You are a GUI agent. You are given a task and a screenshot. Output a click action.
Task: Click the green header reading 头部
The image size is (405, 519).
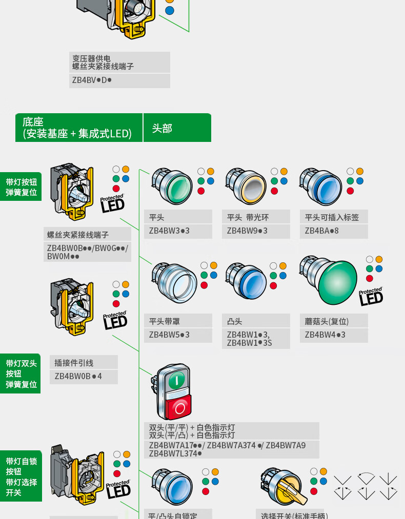point(177,128)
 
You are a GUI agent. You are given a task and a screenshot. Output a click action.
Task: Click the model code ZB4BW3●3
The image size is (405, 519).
point(169,231)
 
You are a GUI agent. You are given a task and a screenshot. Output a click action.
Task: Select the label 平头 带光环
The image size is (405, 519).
point(248,217)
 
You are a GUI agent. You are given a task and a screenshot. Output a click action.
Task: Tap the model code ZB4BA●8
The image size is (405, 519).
point(321,231)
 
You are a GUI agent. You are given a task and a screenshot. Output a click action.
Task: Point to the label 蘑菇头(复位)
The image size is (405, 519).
point(327,321)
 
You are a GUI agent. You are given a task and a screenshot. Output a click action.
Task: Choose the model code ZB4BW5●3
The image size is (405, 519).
point(169,335)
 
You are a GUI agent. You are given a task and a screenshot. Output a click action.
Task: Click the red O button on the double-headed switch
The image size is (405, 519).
point(179,407)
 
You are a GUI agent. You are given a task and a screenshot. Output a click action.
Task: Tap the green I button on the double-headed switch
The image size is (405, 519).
point(176,380)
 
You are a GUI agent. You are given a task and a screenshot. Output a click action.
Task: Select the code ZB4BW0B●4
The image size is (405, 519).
point(78,377)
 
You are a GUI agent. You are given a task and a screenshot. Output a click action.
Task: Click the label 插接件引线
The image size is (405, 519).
point(74,363)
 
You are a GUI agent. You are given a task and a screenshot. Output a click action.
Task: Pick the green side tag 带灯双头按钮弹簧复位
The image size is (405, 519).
point(21,374)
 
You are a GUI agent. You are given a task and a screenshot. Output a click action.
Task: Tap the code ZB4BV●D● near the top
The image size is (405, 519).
point(92,80)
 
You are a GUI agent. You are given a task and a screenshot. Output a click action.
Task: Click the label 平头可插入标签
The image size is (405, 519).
point(332,217)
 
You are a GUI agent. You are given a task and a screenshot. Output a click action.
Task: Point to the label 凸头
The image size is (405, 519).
point(235,321)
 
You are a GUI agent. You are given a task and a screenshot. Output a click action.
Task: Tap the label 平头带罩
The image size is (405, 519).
point(164,321)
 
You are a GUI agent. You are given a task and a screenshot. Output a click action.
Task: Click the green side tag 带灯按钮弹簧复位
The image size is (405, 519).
point(21,187)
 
